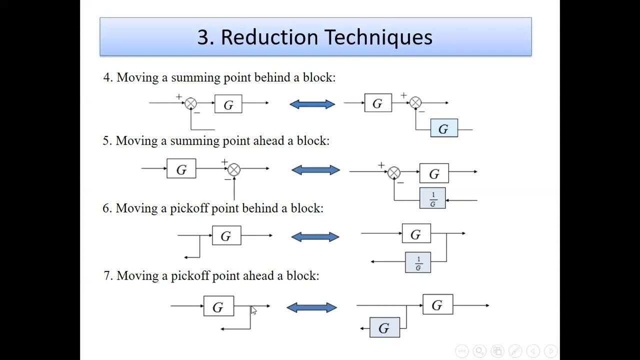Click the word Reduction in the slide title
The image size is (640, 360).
tap(269, 37)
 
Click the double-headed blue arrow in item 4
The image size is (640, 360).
tap(312, 104)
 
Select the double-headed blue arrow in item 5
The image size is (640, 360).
tap(315, 170)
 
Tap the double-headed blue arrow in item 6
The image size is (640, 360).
tap(315, 236)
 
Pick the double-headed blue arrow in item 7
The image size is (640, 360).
tap(311, 307)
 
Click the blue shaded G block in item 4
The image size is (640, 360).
tap(444, 128)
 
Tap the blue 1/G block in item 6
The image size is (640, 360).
tap(418, 262)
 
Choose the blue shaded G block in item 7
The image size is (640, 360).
tap(384, 327)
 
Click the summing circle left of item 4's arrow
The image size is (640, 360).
tap(191, 103)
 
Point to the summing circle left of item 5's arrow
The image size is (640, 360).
tap(234, 169)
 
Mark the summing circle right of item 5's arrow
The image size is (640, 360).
tap(394, 173)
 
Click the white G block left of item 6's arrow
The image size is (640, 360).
tap(226, 235)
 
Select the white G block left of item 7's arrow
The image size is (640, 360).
tap(218, 306)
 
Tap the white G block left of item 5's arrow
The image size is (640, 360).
tap(181, 169)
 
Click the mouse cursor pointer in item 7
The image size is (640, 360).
tap(253, 310)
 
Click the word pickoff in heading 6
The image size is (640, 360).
tap(190, 208)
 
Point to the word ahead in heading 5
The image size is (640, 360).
tap(268, 141)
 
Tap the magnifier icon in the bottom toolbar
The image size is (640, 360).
tap(479, 351)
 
